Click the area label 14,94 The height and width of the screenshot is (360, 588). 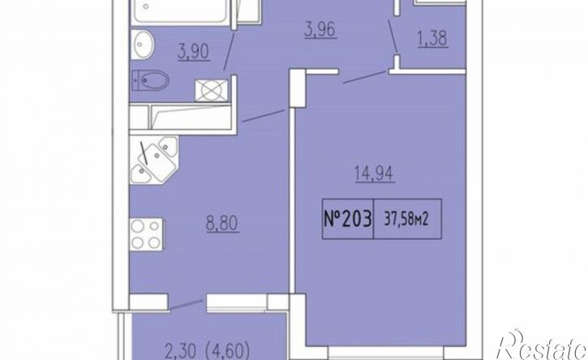tap(374, 174)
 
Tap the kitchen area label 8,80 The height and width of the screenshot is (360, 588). tap(221, 224)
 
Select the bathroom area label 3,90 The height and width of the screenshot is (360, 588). tap(194, 52)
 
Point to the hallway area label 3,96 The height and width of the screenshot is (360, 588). tap(320, 30)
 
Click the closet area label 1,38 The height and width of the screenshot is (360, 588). tap(432, 39)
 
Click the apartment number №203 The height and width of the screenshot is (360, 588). tap(348, 219)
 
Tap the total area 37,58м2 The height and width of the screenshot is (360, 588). tap(406, 220)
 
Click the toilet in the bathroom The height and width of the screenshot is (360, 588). tap(150, 80)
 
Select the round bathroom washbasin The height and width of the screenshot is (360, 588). tap(142, 45)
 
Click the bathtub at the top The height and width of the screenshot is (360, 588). tap(180, 11)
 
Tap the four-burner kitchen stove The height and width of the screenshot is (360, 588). tap(146, 234)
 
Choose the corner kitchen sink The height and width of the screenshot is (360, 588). tap(154, 160)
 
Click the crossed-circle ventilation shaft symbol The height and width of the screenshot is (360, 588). tap(211, 90)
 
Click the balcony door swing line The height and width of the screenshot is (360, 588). tap(187, 305)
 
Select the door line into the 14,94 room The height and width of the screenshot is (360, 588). tap(365, 77)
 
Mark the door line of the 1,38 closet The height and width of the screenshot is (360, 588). tap(393, 36)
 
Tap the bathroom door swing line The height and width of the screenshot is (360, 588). tap(230, 50)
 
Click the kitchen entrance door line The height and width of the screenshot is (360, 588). tap(263, 115)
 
